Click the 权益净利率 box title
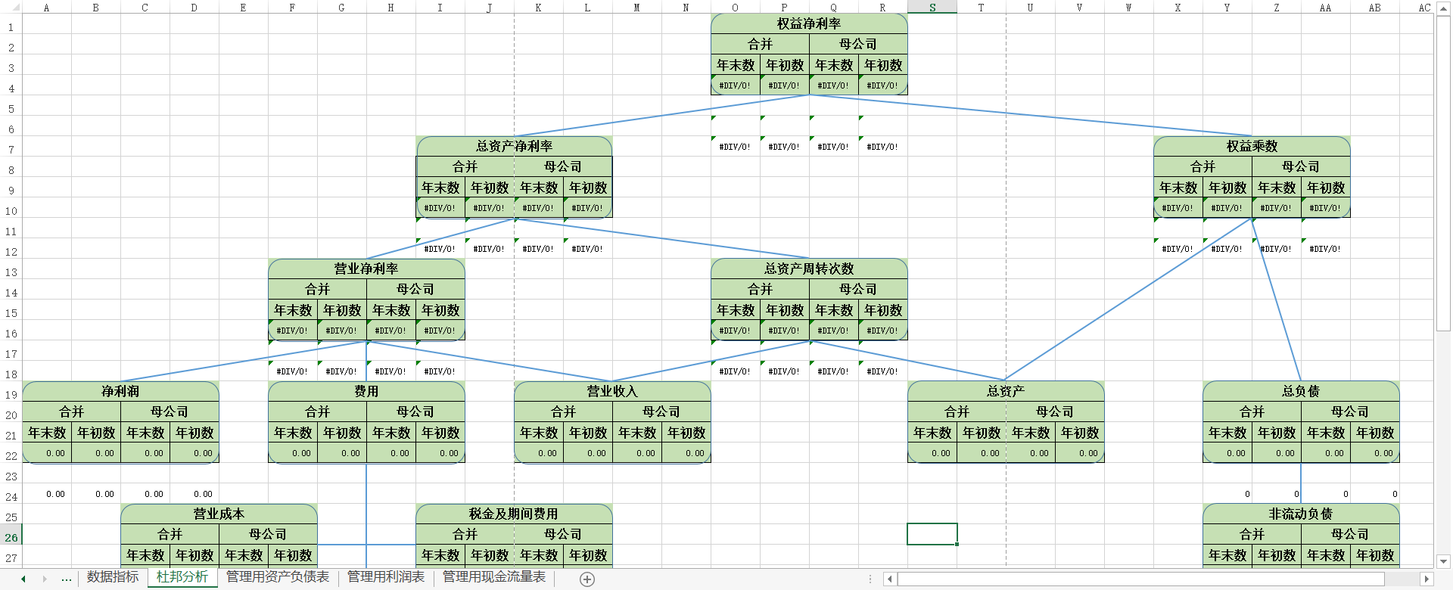point(809,23)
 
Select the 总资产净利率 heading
point(514,146)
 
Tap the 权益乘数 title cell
point(1252,146)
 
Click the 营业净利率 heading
point(366,269)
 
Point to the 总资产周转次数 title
point(809,269)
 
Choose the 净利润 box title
point(120,391)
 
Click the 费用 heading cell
point(366,391)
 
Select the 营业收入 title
point(612,391)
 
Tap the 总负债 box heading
point(1301,391)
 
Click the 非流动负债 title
point(1301,514)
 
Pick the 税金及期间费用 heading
point(514,514)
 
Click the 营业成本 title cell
point(219,514)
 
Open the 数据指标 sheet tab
point(113,577)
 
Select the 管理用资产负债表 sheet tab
point(278,577)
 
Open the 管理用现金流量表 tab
point(494,577)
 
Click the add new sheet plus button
point(587,579)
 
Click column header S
point(932,8)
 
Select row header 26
point(11,538)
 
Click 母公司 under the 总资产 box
point(1055,411)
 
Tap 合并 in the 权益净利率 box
point(760,44)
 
